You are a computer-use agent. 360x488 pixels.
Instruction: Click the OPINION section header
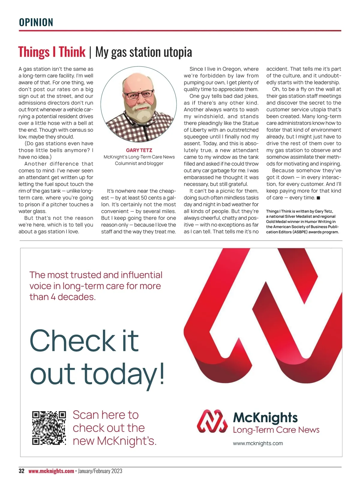pyautogui.click(x=36, y=23)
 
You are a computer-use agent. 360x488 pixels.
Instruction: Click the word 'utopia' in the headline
pyautogui.click(x=178, y=52)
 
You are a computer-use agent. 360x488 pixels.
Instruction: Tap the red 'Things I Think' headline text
pyautogui.click(x=52, y=52)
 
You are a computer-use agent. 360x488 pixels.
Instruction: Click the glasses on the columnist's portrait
pyautogui.click(x=139, y=95)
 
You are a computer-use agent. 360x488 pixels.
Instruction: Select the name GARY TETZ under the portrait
pyautogui.click(x=139, y=150)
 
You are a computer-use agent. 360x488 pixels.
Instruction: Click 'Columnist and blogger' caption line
pyautogui.click(x=139, y=164)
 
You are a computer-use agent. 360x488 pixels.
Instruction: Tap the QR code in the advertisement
pyautogui.click(x=49, y=428)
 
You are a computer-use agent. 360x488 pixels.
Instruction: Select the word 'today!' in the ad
pyautogui.click(x=123, y=374)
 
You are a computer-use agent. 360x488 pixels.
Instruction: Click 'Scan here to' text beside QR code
pyautogui.click(x=106, y=415)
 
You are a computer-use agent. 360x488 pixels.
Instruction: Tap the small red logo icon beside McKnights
pyautogui.click(x=212, y=421)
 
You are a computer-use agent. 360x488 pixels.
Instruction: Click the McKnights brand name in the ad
pyautogui.click(x=265, y=417)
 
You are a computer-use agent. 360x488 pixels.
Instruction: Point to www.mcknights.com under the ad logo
pyautogui.click(x=258, y=443)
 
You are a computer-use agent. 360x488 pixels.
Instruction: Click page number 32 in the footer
pyautogui.click(x=22, y=471)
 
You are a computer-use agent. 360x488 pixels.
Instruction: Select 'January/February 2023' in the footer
pyautogui.click(x=100, y=471)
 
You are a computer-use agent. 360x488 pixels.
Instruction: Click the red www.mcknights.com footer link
pyautogui.click(x=51, y=471)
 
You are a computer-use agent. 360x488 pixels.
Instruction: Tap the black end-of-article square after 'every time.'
pyautogui.click(x=318, y=198)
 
